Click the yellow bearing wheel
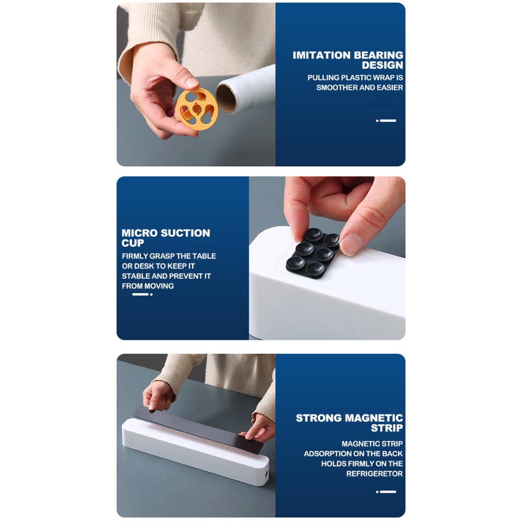(197, 109)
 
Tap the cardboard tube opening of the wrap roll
(226, 99)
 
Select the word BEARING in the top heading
(378, 55)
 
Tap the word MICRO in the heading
(139, 232)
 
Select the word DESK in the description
(144, 266)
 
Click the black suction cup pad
(312, 253)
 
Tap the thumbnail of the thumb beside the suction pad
(351, 244)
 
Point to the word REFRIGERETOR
(374, 474)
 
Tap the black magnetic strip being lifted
(199, 429)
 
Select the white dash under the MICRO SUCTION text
(140, 294)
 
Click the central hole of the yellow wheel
(195, 109)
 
